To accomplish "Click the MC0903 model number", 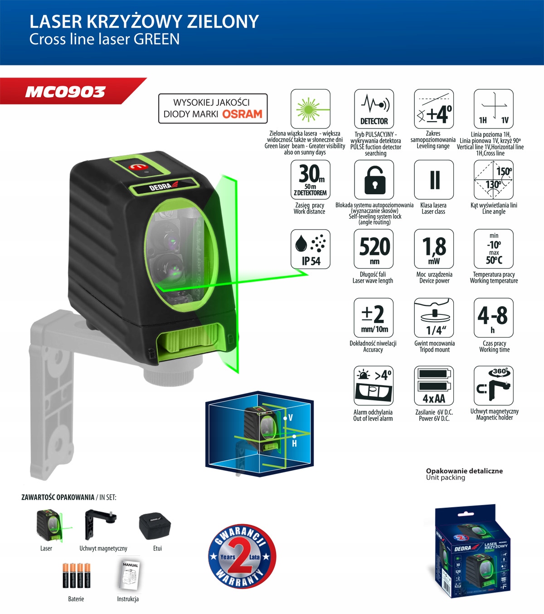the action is click(x=65, y=92).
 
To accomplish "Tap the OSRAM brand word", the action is click(x=242, y=114).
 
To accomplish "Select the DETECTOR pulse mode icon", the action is click(x=374, y=109).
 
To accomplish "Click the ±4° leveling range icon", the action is click(x=434, y=109).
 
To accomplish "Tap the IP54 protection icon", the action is click(x=311, y=249).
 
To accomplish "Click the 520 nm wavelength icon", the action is click(x=374, y=249).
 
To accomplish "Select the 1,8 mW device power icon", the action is click(x=434, y=249).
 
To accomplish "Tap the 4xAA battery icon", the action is click(x=434, y=386).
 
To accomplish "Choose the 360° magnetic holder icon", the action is click(x=494, y=386).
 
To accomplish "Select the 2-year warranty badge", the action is click(x=242, y=557).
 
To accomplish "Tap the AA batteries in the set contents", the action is click(x=76, y=575).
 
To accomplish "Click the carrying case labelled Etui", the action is click(x=155, y=526).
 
